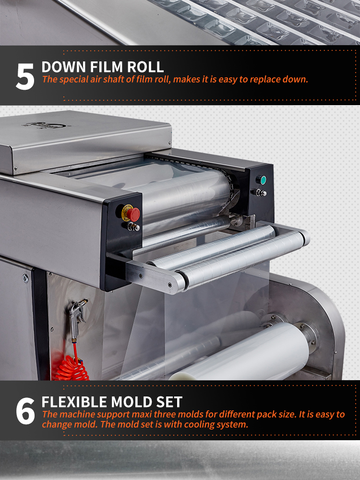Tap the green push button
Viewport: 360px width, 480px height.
(x=261, y=180)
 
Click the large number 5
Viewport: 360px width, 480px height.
(x=25, y=76)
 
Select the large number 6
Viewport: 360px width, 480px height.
(x=25, y=411)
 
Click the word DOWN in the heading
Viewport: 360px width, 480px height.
(x=64, y=67)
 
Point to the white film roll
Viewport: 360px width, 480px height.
(x=242, y=352)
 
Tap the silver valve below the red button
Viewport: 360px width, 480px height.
(x=133, y=227)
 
